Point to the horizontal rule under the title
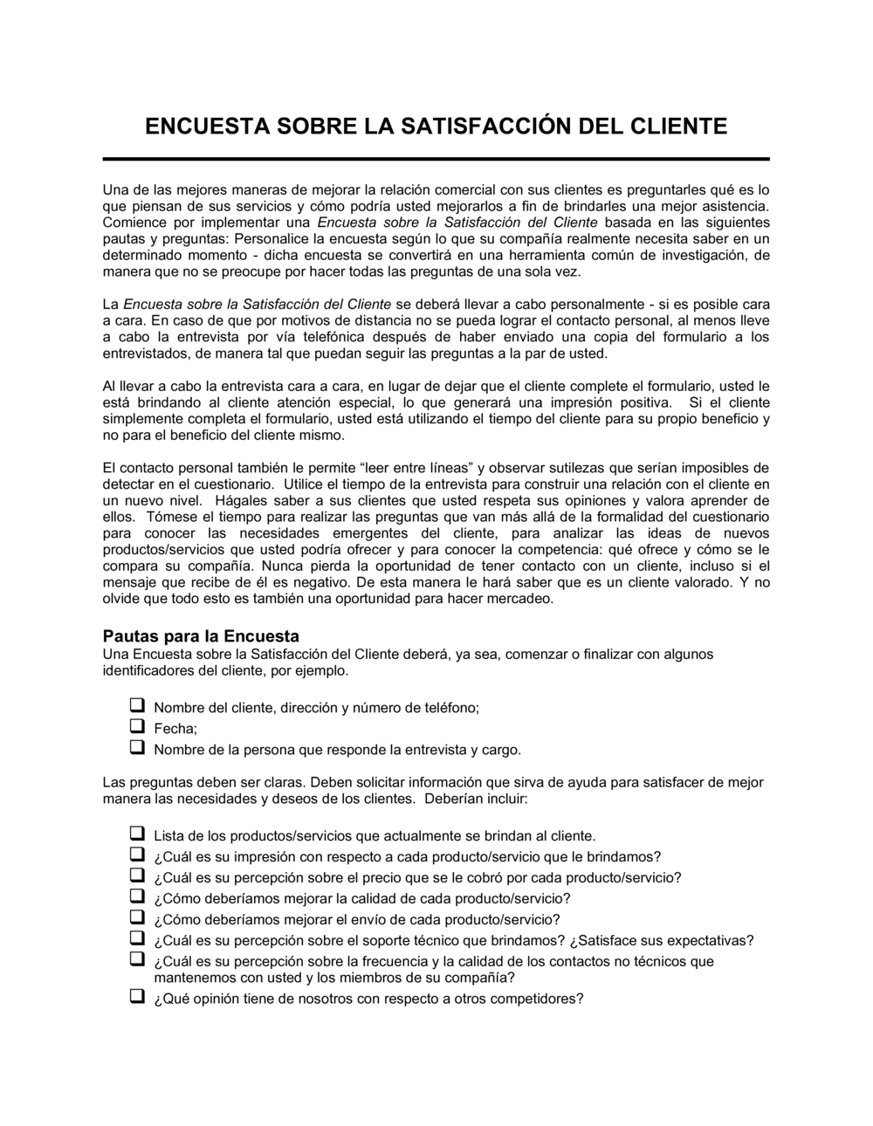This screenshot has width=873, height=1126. (x=436, y=159)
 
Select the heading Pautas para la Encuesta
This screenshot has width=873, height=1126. (x=201, y=635)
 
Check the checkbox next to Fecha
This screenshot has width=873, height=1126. (x=137, y=726)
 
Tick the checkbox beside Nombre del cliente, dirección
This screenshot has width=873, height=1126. (x=137, y=705)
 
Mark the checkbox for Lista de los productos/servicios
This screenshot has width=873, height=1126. (x=137, y=834)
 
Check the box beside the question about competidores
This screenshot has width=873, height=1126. (x=137, y=997)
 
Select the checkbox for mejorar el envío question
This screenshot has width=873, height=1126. (x=137, y=917)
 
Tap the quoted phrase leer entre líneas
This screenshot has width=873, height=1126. (x=416, y=468)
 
